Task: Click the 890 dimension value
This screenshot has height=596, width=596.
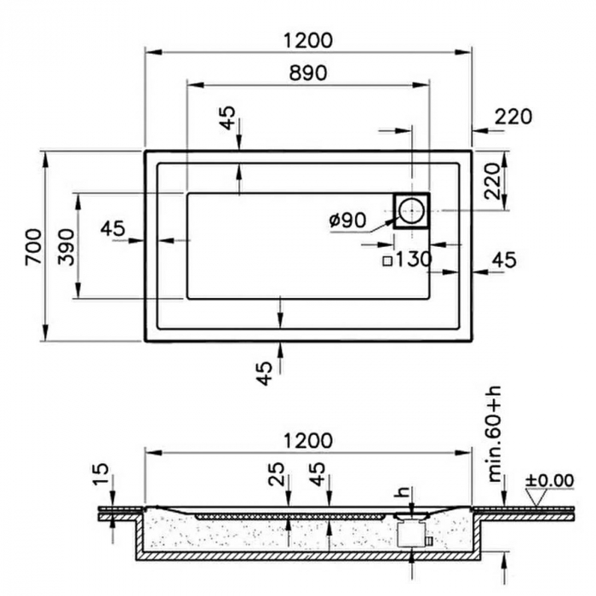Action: pyautogui.click(x=307, y=73)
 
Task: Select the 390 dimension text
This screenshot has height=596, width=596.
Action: pyautogui.click(x=67, y=246)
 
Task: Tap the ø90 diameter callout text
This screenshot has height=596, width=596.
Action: pyautogui.click(x=347, y=220)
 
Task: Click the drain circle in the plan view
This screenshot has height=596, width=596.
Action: pyautogui.click(x=411, y=209)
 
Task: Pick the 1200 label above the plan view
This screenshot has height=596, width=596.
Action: pyautogui.click(x=307, y=40)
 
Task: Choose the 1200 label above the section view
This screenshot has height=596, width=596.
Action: pyautogui.click(x=307, y=441)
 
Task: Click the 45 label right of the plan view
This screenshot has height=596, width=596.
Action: pyautogui.click(x=503, y=261)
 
